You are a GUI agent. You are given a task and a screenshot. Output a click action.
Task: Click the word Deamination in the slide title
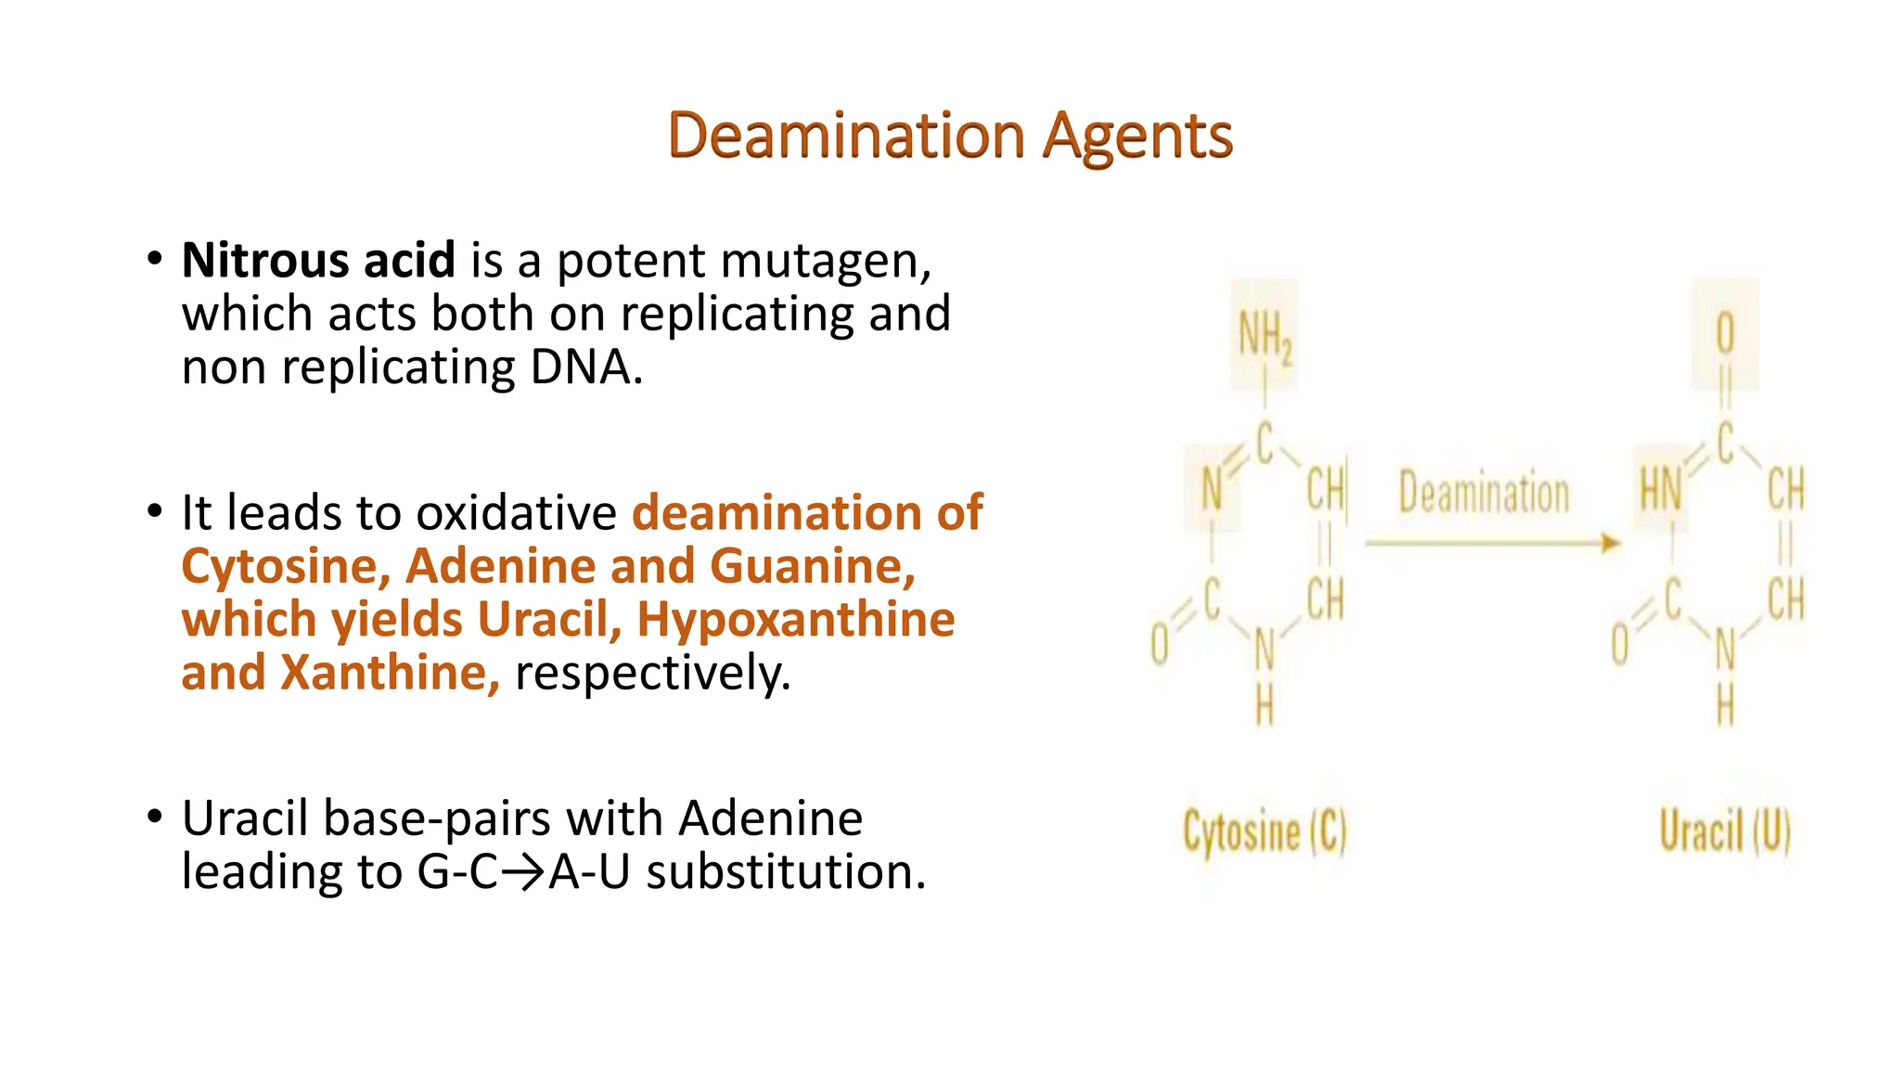point(845,136)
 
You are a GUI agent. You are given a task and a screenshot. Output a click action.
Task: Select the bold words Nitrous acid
point(318,260)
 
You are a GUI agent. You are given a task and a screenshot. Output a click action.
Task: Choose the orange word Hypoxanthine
point(795,620)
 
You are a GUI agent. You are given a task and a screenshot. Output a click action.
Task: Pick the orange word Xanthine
point(390,673)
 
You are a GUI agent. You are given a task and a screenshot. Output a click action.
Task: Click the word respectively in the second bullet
point(650,674)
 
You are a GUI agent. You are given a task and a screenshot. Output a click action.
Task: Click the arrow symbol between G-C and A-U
point(524,873)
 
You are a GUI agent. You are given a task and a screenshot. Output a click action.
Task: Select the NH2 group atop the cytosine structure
point(1265,336)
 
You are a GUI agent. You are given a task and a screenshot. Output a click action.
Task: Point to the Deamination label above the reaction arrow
point(1483,493)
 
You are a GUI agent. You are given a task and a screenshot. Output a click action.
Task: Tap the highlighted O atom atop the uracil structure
point(1725,332)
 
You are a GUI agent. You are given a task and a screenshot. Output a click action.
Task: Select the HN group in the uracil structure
point(1661,489)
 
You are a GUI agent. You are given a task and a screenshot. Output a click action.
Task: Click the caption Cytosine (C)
point(1265,831)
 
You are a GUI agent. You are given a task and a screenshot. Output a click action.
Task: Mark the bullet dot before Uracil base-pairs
point(155,817)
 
